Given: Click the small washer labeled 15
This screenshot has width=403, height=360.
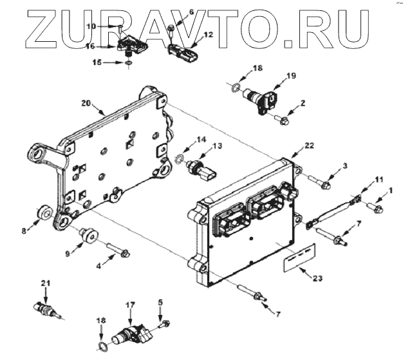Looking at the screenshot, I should click(129, 63).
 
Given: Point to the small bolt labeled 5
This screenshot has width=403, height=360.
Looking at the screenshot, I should click(165, 321).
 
